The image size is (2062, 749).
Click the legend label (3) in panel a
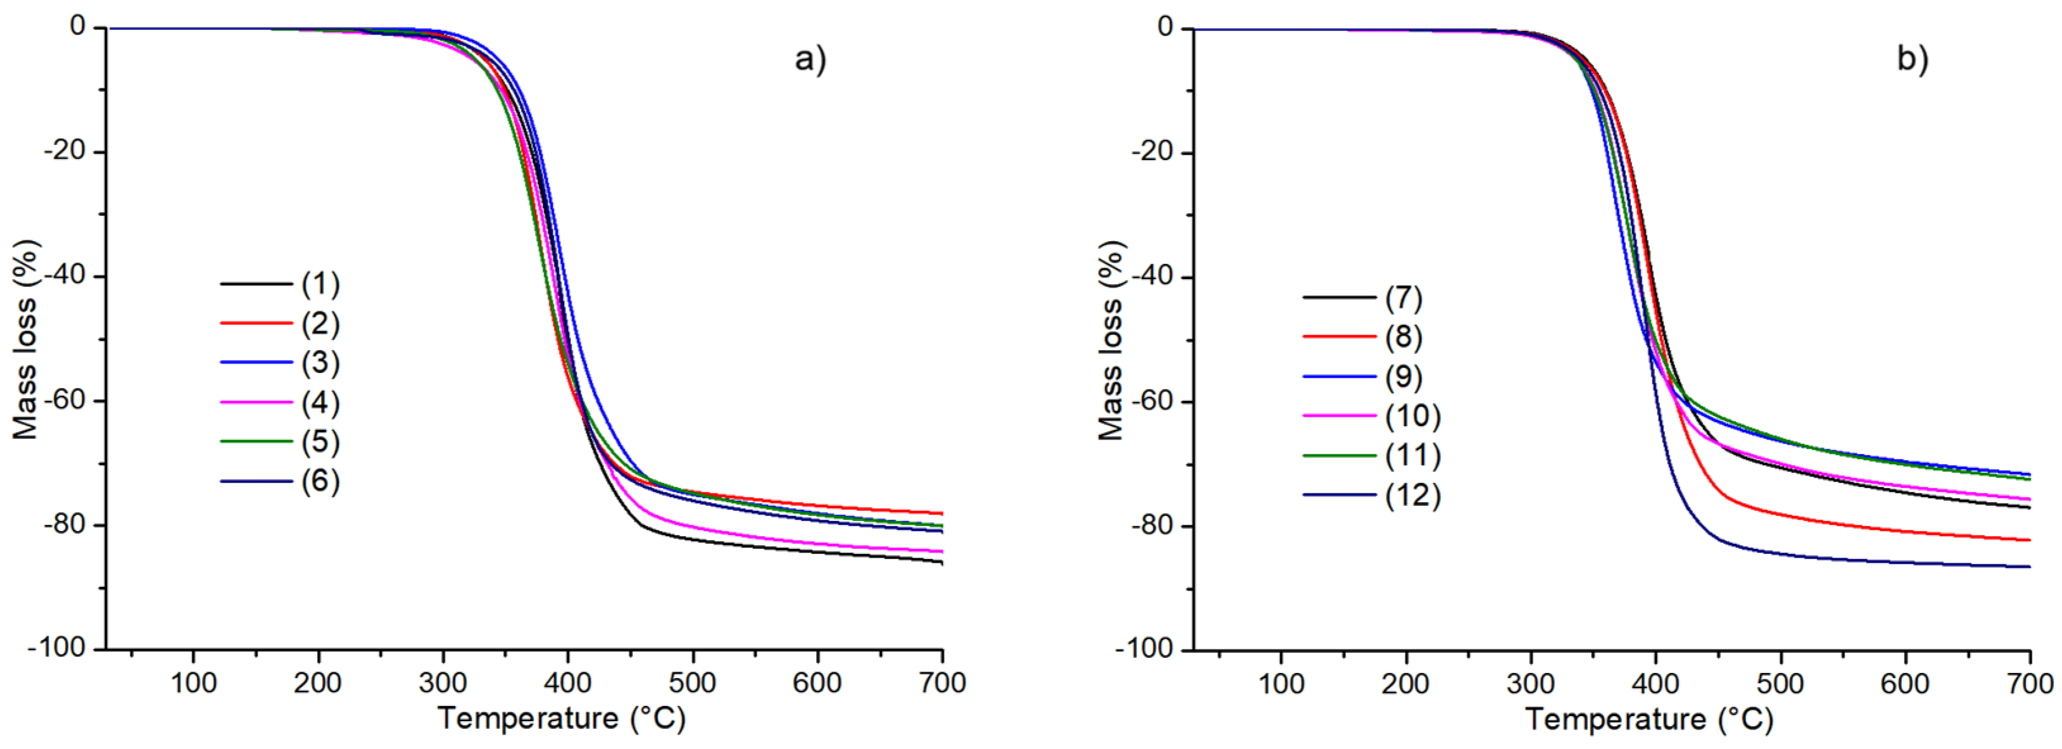point(320,363)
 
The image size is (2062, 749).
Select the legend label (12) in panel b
point(1413,495)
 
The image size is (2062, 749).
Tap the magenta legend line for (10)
point(1339,416)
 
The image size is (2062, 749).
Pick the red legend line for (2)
point(256,324)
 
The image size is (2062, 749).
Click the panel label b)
point(1913,60)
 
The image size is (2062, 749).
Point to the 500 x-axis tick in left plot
point(693,683)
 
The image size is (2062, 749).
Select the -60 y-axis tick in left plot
point(66,400)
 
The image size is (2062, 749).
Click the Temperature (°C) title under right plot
point(1649,719)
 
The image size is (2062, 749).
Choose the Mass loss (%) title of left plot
point(25,339)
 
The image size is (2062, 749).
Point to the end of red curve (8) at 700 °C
point(2029,540)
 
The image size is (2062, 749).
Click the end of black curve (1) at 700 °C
point(941,563)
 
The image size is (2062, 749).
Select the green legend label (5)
point(320,442)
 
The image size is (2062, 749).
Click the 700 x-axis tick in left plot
point(942,683)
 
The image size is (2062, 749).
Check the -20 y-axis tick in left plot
point(66,151)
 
